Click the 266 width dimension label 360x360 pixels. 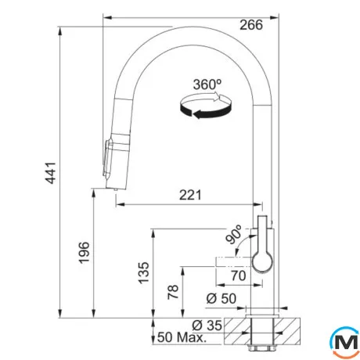(x=251, y=25)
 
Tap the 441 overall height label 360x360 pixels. (x=49, y=173)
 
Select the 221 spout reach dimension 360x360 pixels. (x=190, y=195)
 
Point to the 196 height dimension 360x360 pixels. (x=85, y=253)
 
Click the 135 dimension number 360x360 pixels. (x=144, y=272)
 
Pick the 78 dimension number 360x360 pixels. (x=173, y=292)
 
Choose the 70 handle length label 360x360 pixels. (x=239, y=275)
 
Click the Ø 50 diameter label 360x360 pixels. (x=221, y=298)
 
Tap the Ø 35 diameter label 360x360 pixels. (x=207, y=326)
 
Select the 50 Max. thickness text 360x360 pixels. (x=182, y=337)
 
